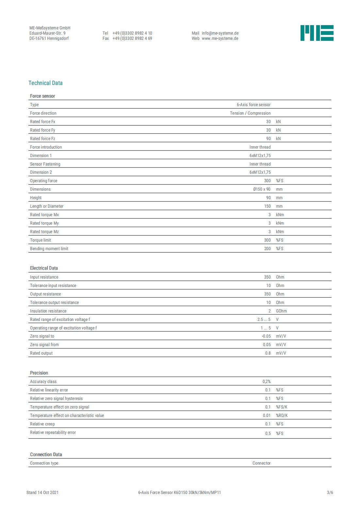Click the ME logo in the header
[317, 33]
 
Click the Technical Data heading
[45, 83]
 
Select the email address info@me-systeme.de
[220, 33]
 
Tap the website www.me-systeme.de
[220, 38]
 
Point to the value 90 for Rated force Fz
[268, 138]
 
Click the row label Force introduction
[46, 147]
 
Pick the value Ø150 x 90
[262, 189]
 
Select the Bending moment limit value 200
[267, 248]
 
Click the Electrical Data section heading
[44, 268]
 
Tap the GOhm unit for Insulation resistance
[281, 311]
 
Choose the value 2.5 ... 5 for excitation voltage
[264, 319]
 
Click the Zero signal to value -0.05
[266, 336]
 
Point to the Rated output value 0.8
[268, 353]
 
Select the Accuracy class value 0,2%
[266, 381]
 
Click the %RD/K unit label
[282, 415]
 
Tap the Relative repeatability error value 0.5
[268, 433]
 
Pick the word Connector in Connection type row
[261, 463]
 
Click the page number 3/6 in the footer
[330, 492]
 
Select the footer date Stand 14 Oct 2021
[42, 492]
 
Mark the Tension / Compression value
[250, 113]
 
